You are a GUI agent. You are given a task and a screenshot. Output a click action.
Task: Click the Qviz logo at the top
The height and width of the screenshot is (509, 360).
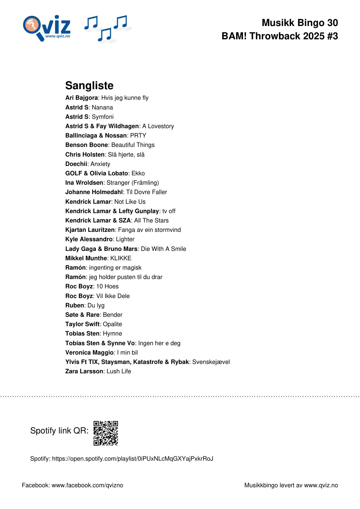click(47, 28)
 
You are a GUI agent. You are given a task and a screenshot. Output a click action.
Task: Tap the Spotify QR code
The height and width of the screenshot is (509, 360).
click(105, 433)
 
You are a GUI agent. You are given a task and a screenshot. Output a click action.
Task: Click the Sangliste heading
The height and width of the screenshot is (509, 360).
click(89, 86)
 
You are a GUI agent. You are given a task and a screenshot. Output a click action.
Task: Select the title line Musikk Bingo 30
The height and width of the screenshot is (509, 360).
click(300, 23)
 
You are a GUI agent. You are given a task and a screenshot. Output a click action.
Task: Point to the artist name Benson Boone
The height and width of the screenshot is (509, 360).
click(86, 145)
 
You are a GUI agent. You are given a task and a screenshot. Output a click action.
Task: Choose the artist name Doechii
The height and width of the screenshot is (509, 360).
click(76, 164)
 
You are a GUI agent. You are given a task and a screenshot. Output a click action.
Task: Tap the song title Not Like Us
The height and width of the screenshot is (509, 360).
click(130, 202)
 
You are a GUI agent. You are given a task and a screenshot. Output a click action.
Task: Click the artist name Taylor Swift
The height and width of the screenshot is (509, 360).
click(82, 324)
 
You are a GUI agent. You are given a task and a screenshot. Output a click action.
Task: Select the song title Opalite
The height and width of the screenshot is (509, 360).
click(112, 324)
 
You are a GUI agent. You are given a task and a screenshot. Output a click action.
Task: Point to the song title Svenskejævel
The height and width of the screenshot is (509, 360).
click(211, 362)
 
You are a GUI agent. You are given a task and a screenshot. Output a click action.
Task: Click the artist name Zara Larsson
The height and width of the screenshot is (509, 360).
click(84, 371)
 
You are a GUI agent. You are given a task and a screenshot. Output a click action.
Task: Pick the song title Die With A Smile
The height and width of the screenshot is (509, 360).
click(163, 249)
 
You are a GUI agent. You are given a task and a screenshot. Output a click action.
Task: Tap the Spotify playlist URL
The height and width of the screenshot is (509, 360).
click(132, 459)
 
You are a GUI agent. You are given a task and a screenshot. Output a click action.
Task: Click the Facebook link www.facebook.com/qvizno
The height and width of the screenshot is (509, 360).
click(87, 485)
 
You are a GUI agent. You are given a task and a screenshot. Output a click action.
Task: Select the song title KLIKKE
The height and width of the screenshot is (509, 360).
click(121, 258)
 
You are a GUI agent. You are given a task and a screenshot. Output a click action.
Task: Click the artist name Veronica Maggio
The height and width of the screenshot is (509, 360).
click(89, 352)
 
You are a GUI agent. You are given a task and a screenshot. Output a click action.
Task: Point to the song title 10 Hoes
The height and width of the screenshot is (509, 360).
click(107, 286)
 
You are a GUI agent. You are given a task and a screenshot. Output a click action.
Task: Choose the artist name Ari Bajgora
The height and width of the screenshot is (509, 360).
click(81, 98)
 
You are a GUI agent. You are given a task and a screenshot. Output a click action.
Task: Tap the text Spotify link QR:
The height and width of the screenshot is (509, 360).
click(59, 430)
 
